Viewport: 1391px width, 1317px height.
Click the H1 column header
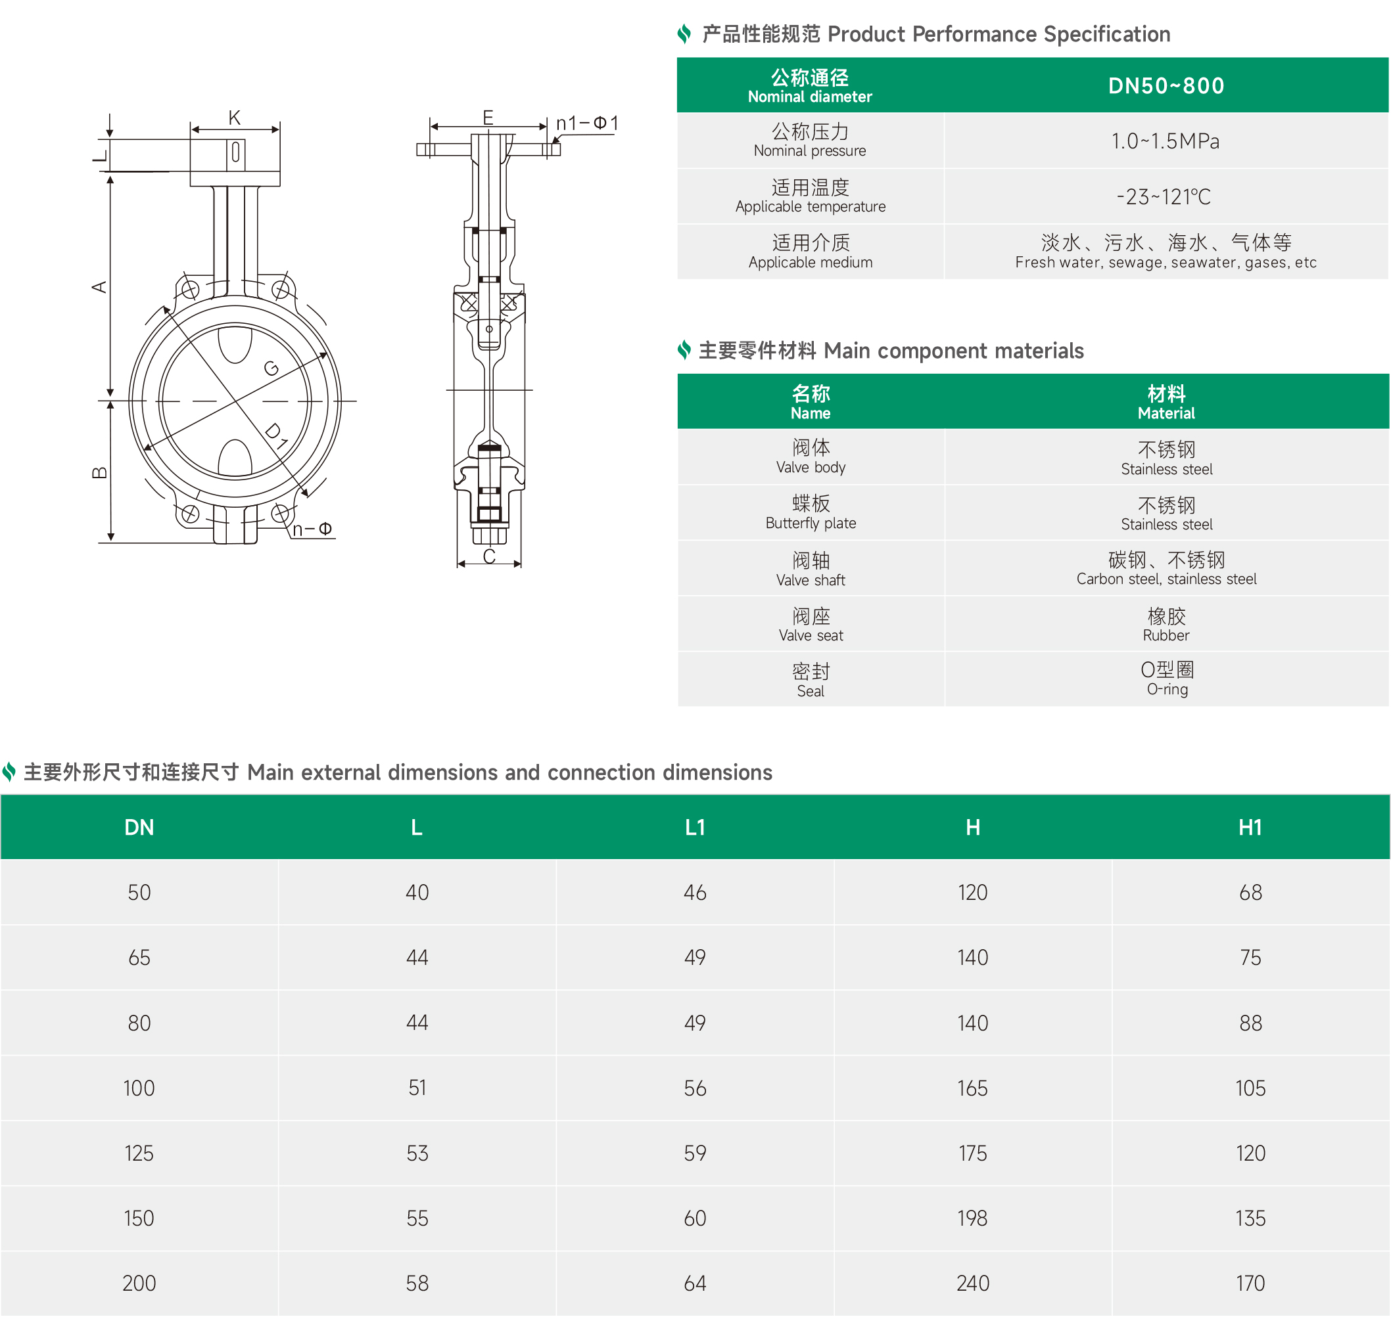pyautogui.click(x=1250, y=827)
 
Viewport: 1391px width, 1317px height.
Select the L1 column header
pyautogui.click(x=695, y=827)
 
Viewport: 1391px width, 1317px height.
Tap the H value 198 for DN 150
pyautogui.click(x=972, y=1218)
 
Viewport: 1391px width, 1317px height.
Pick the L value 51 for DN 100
pyautogui.click(x=417, y=1088)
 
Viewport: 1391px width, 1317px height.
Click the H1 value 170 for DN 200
pyautogui.click(x=1250, y=1284)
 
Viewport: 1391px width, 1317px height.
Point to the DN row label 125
pyautogui.click(x=139, y=1153)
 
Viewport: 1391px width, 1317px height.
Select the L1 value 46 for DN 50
pyautogui.click(x=695, y=892)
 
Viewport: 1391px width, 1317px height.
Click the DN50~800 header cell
pyautogui.click(x=1166, y=85)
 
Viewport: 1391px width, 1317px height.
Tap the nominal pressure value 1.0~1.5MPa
pyautogui.click(x=1166, y=141)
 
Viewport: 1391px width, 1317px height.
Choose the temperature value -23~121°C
pyautogui.click(x=1164, y=196)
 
